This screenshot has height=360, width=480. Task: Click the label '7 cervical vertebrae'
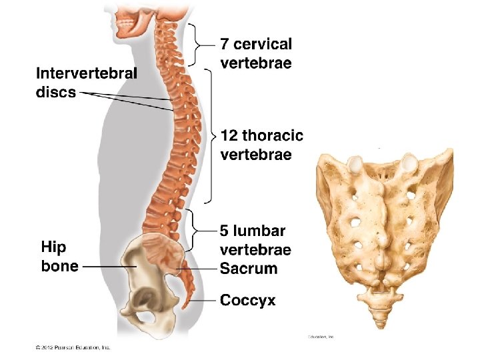click(255, 54)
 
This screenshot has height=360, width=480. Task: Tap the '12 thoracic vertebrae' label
click(261, 145)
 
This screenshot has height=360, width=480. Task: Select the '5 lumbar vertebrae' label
click(255, 241)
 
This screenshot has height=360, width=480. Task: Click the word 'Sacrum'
click(249, 269)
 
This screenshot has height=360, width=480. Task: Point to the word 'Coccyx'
click(247, 301)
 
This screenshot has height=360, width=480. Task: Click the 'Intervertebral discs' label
click(86, 82)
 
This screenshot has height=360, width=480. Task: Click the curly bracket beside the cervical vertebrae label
click(197, 45)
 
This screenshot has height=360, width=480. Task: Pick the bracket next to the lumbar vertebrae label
click(196, 229)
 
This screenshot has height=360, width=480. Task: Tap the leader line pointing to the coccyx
click(204, 301)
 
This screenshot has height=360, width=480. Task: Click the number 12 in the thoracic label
click(229, 136)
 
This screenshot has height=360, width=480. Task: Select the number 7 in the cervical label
click(225, 45)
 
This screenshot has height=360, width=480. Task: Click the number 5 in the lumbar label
click(225, 231)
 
